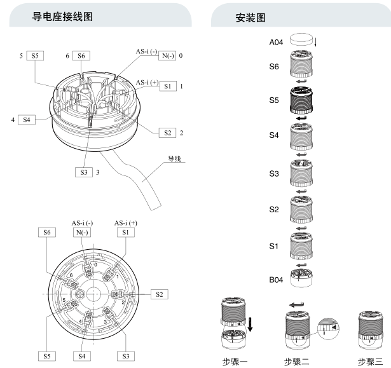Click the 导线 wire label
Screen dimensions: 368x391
(x=173, y=159)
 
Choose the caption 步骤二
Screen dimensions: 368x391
(x=302, y=360)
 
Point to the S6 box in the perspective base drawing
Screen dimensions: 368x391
(x=81, y=56)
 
